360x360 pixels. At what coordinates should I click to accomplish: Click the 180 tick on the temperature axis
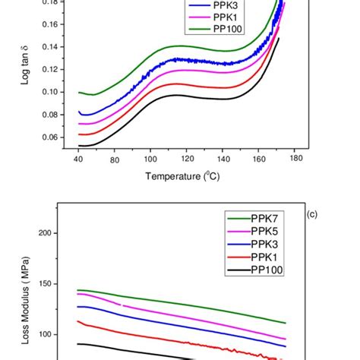click(295, 159)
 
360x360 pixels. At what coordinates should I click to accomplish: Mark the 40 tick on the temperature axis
click(78, 159)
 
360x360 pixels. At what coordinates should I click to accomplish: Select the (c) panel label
click(312, 213)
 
